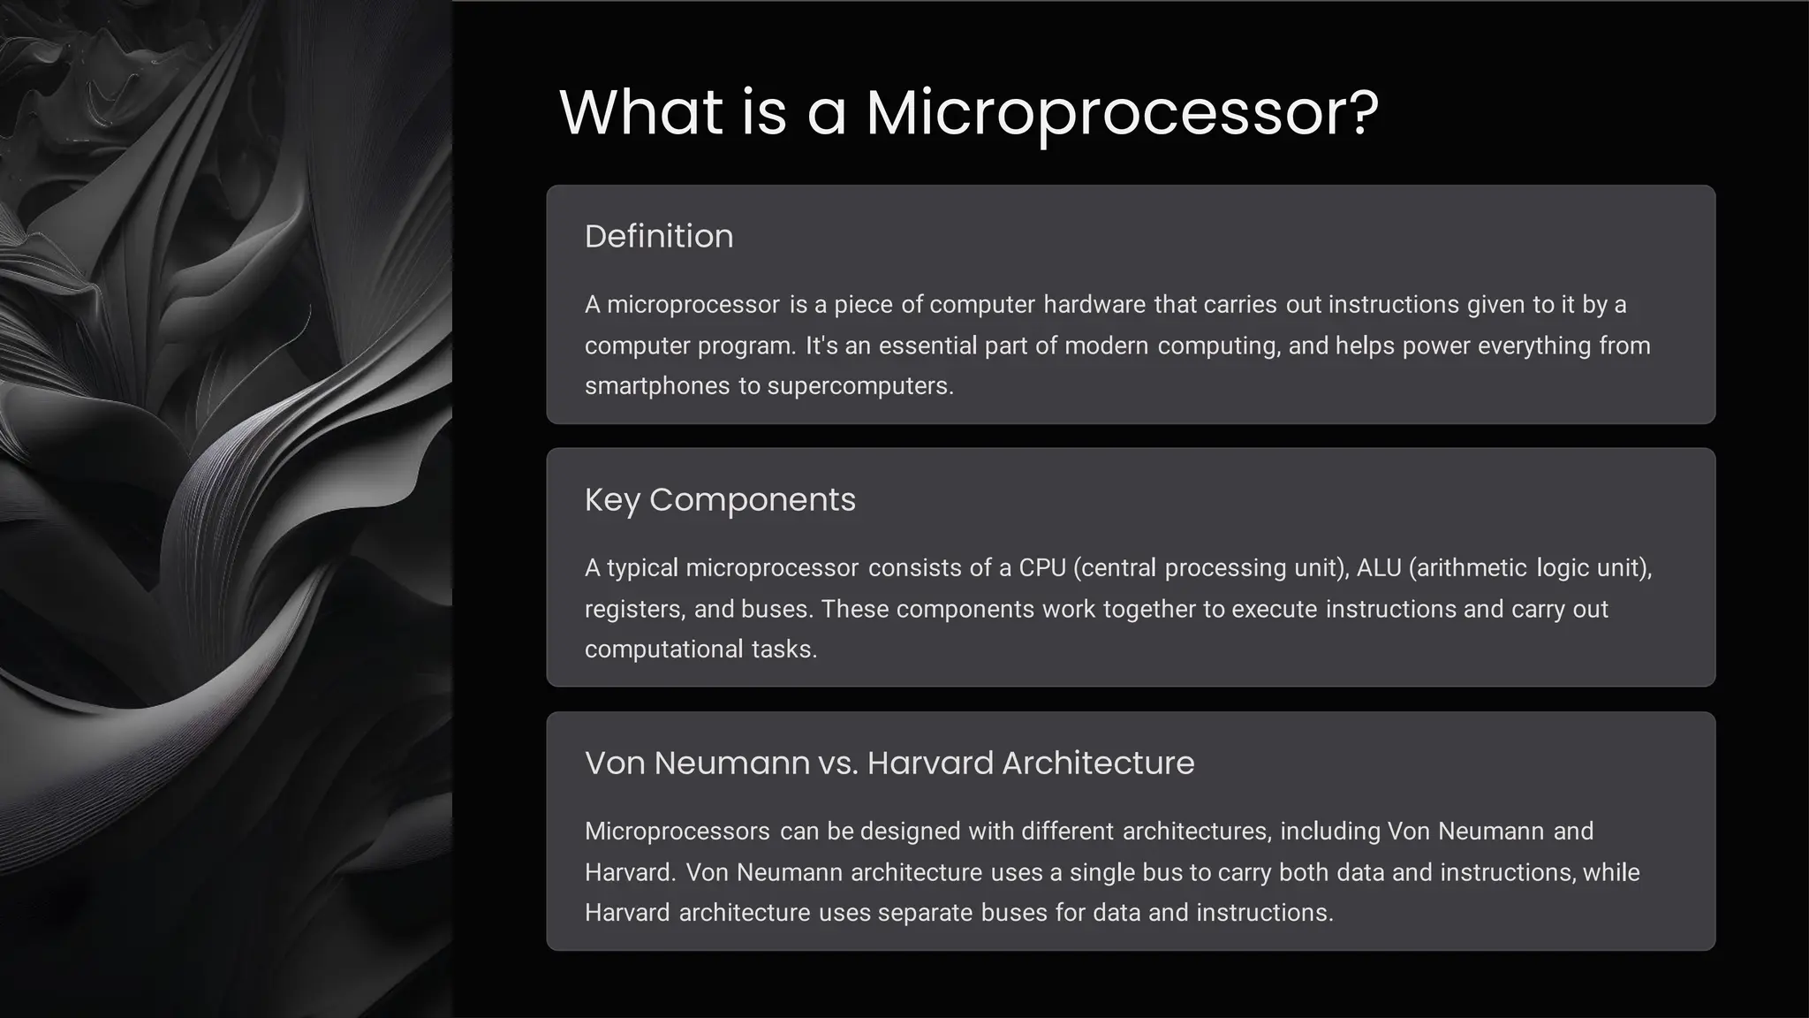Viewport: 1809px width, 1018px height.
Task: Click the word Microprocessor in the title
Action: click(x=1122, y=113)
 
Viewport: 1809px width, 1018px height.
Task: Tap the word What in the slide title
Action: click(x=640, y=113)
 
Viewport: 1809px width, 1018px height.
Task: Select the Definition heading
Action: click(x=659, y=237)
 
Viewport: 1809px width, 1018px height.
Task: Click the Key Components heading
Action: click(x=720, y=500)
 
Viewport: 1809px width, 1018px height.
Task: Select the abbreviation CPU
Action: click(x=1042, y=567)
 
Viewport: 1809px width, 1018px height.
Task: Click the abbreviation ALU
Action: click(x=1379, y=567)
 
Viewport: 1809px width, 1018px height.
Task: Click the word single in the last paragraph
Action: click(x=1102, y=873)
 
